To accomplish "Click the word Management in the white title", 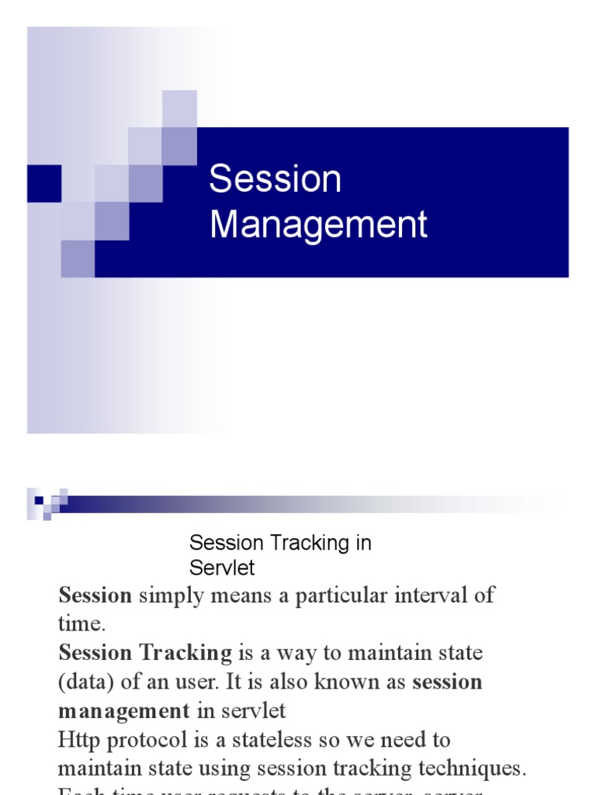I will (x=318, y=224).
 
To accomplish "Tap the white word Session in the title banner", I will (x=275, y=179).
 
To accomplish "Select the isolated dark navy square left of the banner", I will (x=43, y=183).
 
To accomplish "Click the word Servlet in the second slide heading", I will (x=222, y=568).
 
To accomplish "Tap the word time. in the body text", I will (x=80, y=624).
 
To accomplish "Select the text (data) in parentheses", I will (x=86, y=682).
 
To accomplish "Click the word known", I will (x=359, y=682).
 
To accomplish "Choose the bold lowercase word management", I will (x=123, y=710).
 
